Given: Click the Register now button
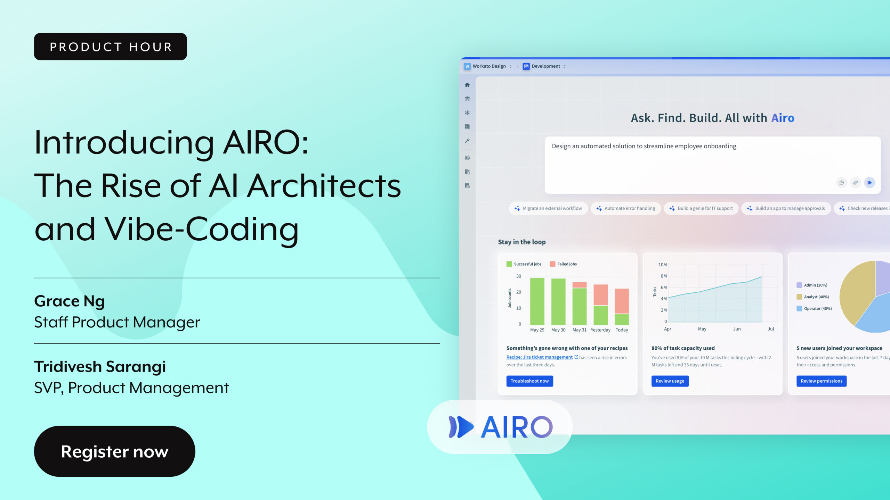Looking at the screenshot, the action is tap(114, 451).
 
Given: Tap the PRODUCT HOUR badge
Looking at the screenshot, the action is tap(111, 47).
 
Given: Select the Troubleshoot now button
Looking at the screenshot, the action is tap(529, 381).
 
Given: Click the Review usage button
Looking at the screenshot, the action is tap(670, 381).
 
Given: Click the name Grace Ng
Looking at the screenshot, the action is tap(70, 301).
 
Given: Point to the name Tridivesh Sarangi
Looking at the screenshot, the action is tap(100, 367).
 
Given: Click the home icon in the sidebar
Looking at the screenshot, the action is tap(467, 85).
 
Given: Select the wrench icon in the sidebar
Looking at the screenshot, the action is tap(467, 141).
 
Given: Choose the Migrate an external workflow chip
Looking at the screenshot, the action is tap(548, 208).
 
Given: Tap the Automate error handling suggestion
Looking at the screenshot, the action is tap(626, 208).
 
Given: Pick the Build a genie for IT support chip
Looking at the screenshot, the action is tap(701, 208).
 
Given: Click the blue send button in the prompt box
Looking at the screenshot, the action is tap(869, 183).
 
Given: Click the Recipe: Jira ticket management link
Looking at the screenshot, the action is tap(539, 357).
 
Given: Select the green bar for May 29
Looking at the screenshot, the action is tap(537, 301).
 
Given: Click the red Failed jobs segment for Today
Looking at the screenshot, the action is tap(622, 301).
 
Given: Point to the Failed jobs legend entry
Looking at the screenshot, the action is tap(563, 264).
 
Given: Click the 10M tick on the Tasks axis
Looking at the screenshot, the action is tap(662, 265).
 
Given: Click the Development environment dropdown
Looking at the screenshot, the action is tap(544, 66).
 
